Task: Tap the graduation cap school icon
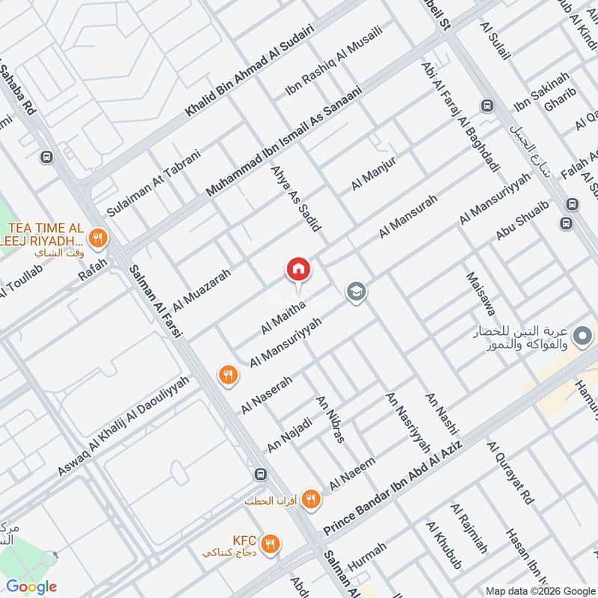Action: (x=355, y=292)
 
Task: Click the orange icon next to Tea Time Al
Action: (x=96, y=239)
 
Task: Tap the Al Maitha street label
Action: (x=283, y=316)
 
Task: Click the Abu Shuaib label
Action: (x=523, y=220)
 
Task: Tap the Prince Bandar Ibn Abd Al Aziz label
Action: (x=393, y=487)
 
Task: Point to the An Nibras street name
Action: (x=330, y=419)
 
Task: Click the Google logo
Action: (x=31, y=587)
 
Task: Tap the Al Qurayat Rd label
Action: (x=511, y=473)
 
